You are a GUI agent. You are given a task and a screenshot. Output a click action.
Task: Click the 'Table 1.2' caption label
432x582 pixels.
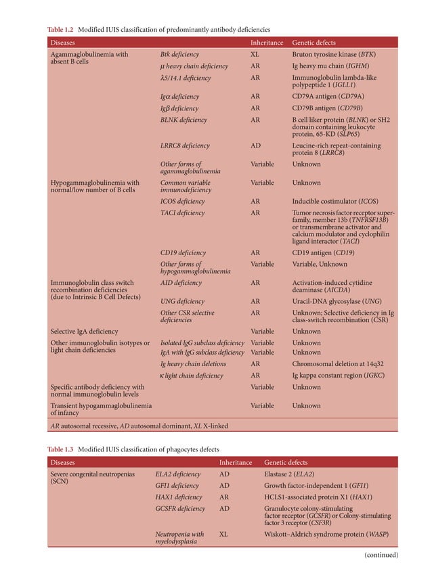(60, 30)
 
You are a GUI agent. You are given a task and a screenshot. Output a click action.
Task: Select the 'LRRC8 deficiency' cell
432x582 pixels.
(185, 145)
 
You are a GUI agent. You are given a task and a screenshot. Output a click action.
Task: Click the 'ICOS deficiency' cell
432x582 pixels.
(183, 202)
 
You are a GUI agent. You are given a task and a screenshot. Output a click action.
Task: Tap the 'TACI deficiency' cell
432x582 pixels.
(182, 213)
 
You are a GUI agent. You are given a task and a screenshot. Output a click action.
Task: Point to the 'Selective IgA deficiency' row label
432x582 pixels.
(85, 332)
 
